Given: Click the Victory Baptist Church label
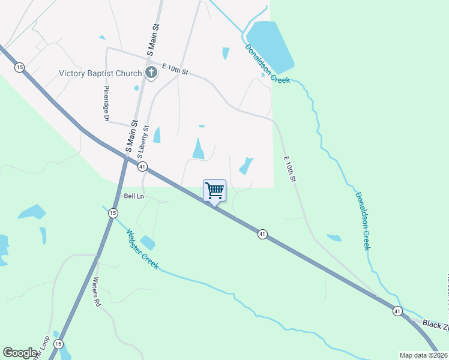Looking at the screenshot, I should (x=100, y=74).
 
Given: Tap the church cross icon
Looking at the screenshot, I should (x=151, y=73).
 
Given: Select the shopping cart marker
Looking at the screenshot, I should (x=214, y=191).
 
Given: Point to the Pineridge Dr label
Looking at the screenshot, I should (x=105, y=107).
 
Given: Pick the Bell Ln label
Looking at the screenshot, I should (x=134, y=196).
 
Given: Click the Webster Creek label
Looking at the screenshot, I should (x=142, y=248).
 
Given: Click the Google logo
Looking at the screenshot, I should (x=20, y=353).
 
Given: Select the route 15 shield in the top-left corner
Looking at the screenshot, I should (x=20, y=67).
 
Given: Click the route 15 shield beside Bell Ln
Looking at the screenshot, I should (x=113, y=213).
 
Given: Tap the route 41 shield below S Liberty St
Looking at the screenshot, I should (x=142, y=166).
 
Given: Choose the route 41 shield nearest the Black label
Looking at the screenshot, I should (x=397, y=311).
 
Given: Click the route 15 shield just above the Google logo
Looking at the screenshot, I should (x=58, y=344).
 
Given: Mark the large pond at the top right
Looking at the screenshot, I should (x=270, y=45).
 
